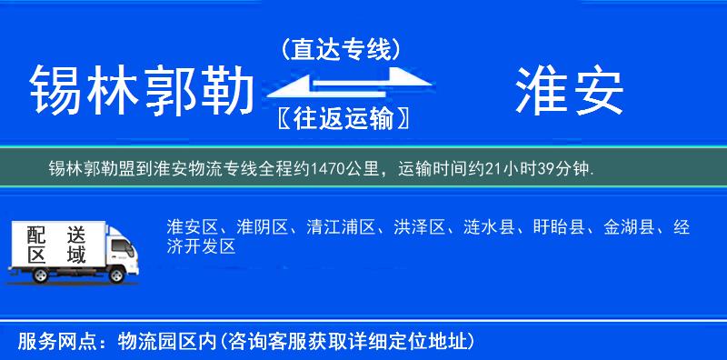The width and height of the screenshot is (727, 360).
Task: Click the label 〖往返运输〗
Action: [x=340, y=118]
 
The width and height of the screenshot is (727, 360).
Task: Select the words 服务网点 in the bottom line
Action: [x=49, y=342]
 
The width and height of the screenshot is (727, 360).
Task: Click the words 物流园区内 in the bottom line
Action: [x=163, y=342]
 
